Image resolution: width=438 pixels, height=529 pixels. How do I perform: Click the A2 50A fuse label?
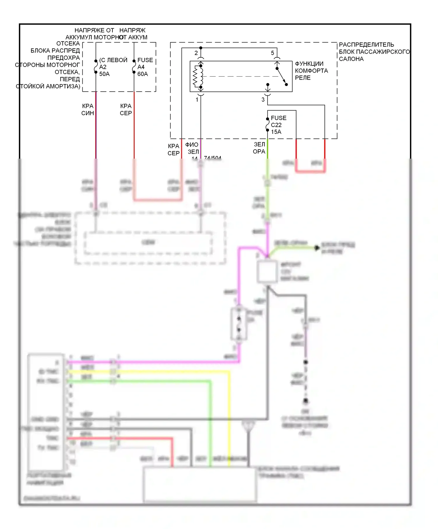click(x=104, y=67)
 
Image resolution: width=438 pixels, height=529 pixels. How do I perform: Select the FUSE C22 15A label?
click(x=278, y=125)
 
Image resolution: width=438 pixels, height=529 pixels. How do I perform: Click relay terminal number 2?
click(x=196, y=53)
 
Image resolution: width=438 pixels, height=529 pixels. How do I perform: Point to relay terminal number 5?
click(x=272, y=53)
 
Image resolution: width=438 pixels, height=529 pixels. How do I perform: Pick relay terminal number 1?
click(x=197, y=100)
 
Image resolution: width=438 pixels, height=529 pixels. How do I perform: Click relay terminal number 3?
click(x=263, y=100)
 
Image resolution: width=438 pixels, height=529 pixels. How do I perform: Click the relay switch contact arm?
click(x=281, y=76)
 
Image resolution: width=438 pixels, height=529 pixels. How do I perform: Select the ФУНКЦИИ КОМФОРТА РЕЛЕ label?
click(x=311, y=71)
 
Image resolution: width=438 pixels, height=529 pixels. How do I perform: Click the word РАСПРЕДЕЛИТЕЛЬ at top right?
click(x=366, y=45)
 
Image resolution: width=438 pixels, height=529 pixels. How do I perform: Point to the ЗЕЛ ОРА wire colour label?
click(x=259, y=148)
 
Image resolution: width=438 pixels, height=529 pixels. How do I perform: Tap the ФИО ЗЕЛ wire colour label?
click(x=192, y=148)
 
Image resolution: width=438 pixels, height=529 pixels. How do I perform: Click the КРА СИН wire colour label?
click(x=88, y=110)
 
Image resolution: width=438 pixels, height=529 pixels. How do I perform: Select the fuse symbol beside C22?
click(x=267, y=125)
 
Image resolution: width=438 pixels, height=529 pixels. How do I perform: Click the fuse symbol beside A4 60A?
click(x=134, y=66)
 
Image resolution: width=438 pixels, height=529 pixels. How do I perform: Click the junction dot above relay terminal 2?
click(x=201, y=48)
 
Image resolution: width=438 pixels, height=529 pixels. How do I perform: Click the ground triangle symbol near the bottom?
click(x=248, y=426)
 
